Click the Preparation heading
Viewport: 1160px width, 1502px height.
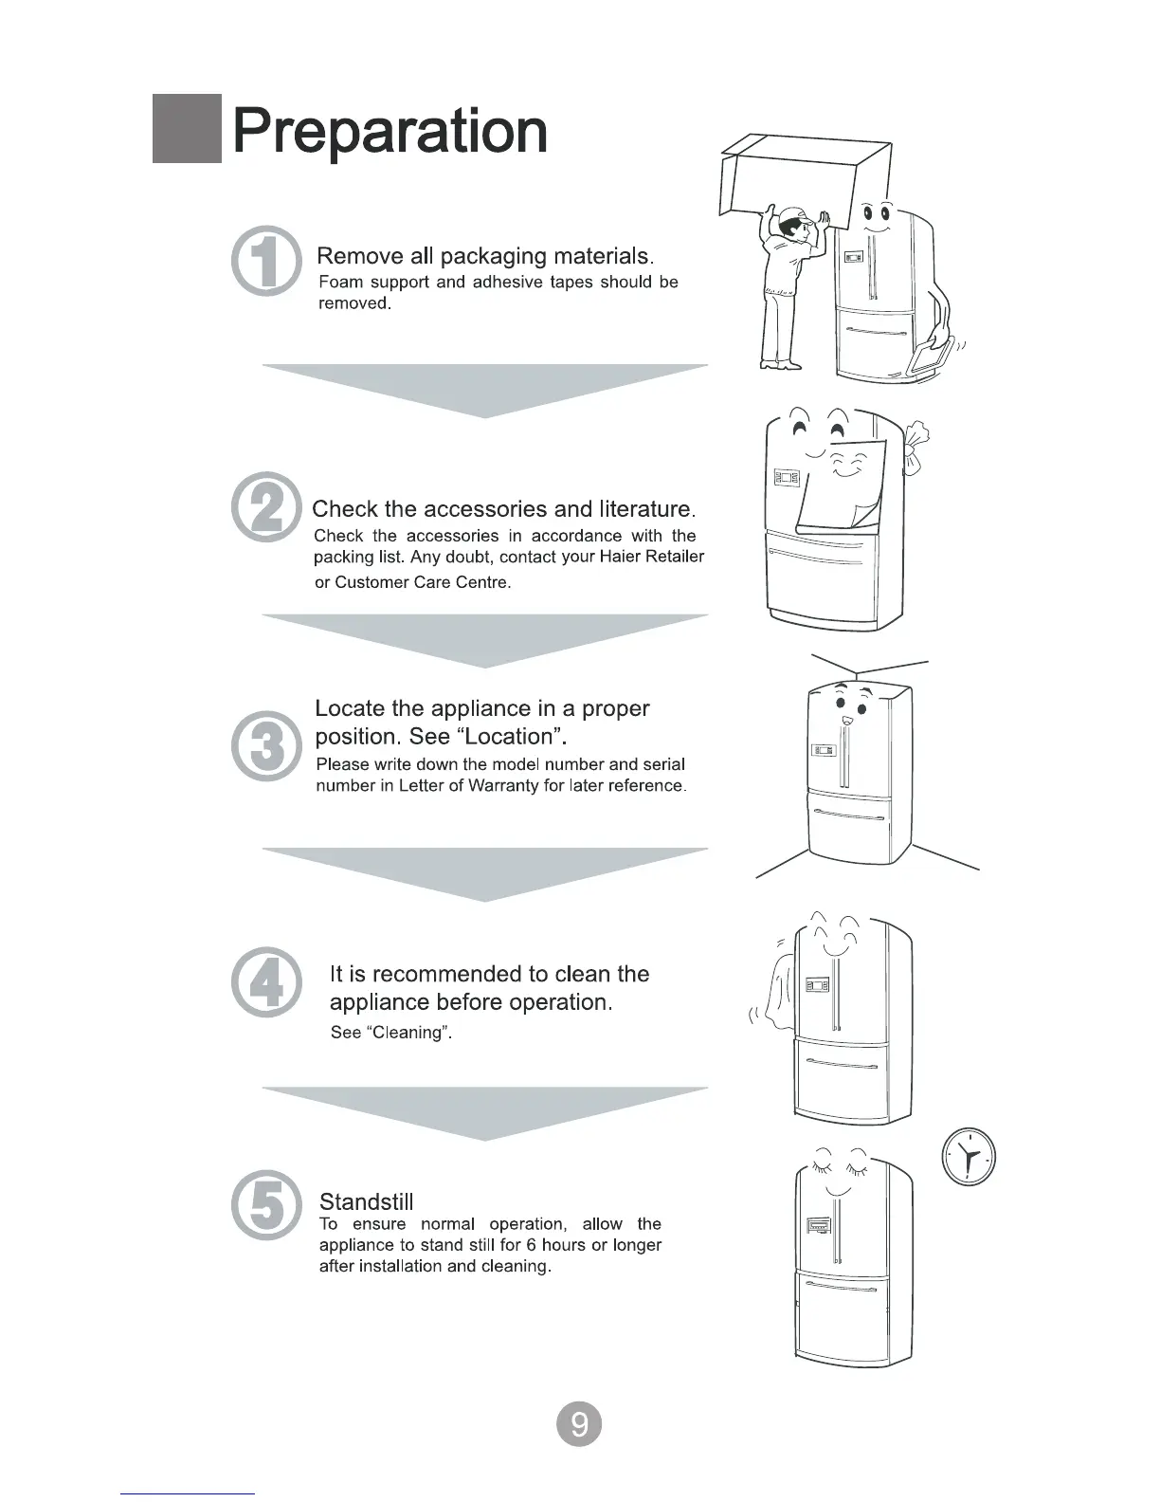[390, 131]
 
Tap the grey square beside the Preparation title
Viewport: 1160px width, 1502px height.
[187, 130]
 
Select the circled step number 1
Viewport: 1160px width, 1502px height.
[267, 261]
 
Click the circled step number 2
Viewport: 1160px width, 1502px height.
[267, 507]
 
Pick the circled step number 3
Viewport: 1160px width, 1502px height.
[267, 745]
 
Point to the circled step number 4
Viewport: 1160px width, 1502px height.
[267, 981]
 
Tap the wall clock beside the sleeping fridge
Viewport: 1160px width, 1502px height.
[969, 1156]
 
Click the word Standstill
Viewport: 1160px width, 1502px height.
[367, 1202]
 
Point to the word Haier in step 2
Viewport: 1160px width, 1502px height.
[620, 557]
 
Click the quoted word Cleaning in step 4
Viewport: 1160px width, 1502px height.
[408, 1033]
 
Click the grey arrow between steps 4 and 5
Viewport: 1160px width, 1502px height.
[485, 1110]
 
